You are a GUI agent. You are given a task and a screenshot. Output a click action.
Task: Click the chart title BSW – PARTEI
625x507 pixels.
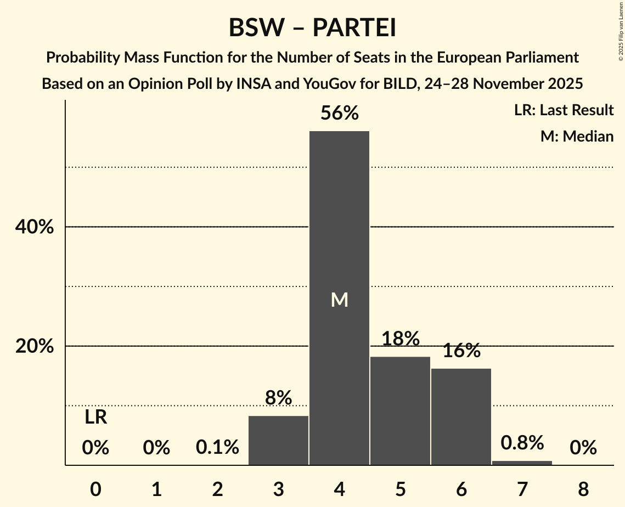coord(312,27)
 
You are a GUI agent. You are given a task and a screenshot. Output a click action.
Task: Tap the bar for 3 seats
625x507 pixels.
coord(278,441)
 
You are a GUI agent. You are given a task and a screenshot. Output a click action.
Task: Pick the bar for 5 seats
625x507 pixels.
coord(400,411)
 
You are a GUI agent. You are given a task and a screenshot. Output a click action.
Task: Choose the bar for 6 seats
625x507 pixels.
coord(461,417)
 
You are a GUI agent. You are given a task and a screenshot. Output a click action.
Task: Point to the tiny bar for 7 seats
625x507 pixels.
coord(522,463)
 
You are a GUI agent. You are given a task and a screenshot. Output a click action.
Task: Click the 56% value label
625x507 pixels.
coord(340,114)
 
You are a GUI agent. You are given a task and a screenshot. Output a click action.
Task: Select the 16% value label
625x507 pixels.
coord(461,351)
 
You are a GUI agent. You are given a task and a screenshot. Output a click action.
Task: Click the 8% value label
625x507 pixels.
coord(278,398)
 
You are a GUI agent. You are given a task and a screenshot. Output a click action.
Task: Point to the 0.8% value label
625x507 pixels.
coord(522,442)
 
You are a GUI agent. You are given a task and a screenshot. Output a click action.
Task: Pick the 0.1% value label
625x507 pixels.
coord(217,448)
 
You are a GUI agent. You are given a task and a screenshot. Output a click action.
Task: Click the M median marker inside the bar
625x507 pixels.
coord(340,300)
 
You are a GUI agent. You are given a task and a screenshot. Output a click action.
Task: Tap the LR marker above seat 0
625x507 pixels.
coord(95,418)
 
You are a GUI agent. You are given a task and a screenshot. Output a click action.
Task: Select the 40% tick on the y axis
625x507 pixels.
coord(35,227)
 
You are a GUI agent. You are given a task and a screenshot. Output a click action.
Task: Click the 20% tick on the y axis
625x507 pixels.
coord(35,346)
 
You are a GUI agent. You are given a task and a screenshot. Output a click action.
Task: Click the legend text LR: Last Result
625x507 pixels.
coord(564,110)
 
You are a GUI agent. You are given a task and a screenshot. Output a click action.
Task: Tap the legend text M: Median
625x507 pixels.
coord(577,136)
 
